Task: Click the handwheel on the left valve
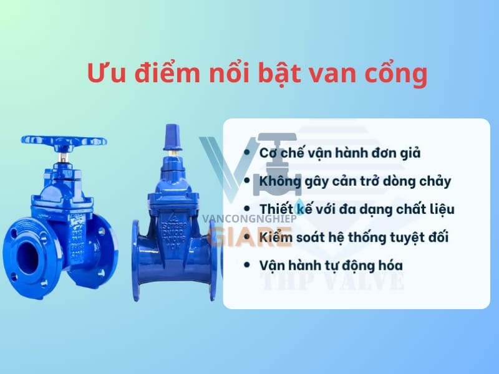63,143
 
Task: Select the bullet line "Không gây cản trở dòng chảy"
355,181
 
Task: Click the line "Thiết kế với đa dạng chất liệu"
357,209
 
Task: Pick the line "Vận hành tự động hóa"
331,265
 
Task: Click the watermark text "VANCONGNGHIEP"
250,219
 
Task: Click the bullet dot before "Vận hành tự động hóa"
248,265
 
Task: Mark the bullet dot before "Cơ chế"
248,152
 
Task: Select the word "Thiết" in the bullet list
275,209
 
